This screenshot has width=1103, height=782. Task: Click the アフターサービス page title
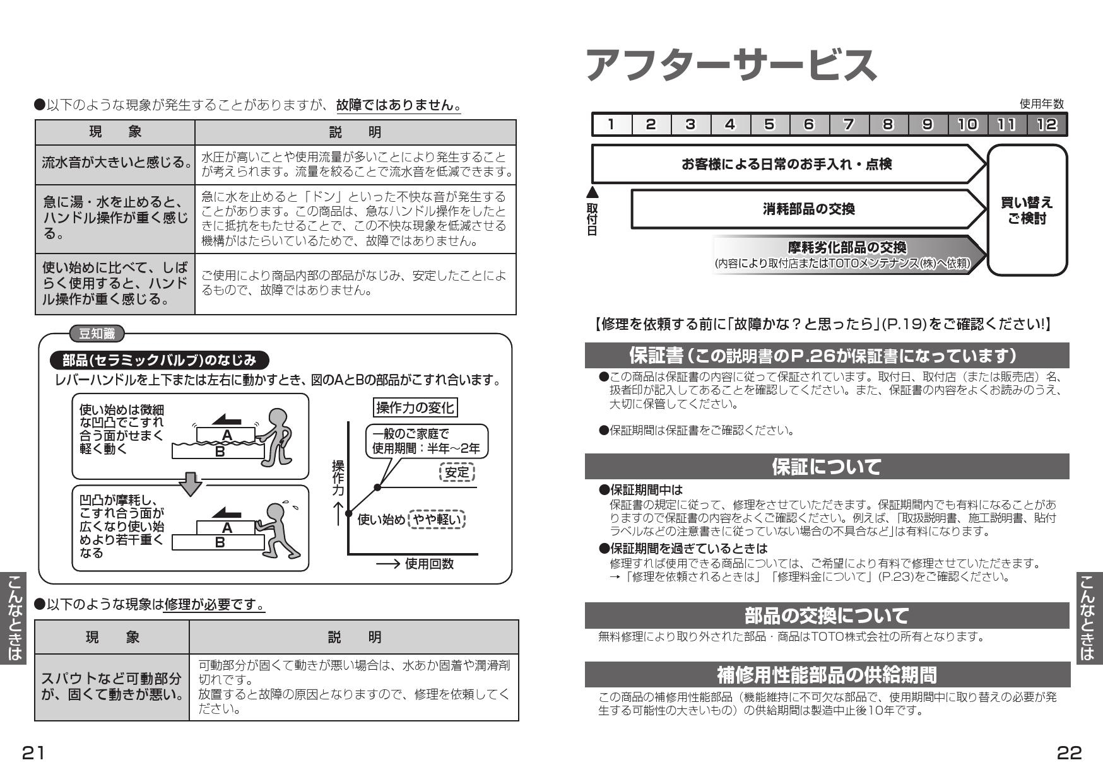731,66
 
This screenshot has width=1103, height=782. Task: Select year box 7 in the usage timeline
849,124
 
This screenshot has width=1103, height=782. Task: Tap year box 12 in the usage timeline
1046,124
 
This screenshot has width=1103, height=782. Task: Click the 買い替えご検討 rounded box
1027,210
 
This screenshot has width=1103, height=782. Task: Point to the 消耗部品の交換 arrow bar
808,209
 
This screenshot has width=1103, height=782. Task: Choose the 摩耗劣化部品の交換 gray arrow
846,255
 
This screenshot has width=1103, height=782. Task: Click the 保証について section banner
827,467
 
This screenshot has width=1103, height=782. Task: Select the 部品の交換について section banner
827,615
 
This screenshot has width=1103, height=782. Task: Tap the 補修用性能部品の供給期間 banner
827,675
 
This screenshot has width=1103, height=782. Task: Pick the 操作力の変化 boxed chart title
415,407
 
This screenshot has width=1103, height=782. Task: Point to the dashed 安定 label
457,472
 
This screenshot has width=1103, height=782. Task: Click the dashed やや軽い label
437,520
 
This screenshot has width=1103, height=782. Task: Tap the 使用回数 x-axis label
429,564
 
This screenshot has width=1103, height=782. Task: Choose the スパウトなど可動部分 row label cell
112,687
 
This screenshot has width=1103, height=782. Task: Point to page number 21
33,752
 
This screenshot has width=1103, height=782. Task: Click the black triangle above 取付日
593,192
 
